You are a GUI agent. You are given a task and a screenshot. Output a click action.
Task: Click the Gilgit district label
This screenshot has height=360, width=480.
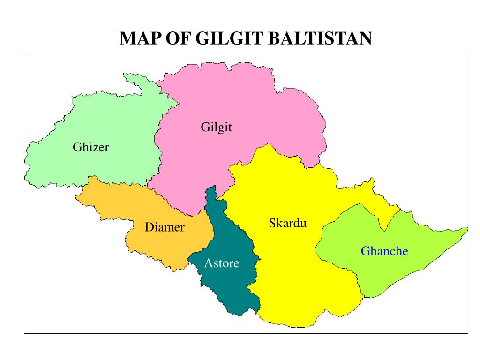point(217,127)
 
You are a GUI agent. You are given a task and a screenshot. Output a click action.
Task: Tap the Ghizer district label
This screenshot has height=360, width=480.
point(91,147)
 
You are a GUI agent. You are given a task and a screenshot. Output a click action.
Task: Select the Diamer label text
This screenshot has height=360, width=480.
point(165,228)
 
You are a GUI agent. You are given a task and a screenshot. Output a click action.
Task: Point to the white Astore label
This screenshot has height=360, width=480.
point(221,263)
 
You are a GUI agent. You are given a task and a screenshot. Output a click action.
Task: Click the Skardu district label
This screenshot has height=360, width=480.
point(287,223)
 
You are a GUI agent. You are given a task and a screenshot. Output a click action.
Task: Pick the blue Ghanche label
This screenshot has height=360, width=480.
point(384,251)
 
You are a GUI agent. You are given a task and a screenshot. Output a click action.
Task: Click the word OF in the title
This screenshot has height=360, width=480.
point(178,38)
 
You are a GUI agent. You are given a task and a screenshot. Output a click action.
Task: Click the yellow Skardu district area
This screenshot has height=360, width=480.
point(291,262)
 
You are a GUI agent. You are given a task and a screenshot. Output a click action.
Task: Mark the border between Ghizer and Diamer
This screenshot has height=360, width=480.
point(117,183)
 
